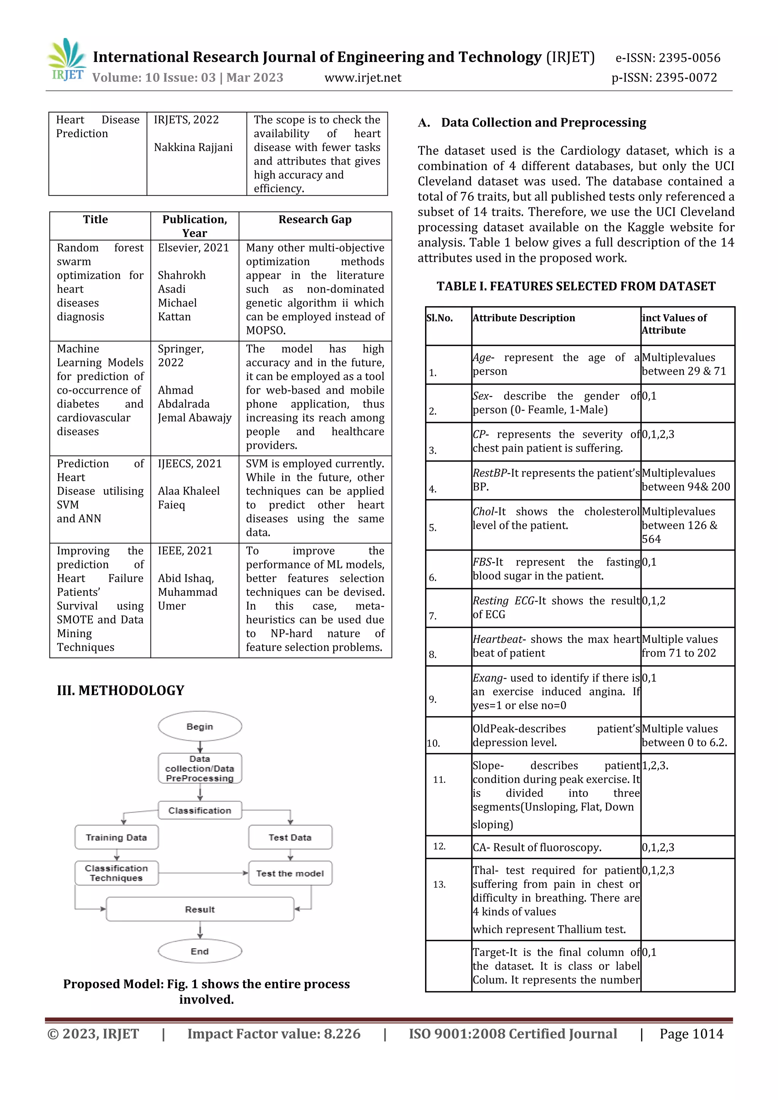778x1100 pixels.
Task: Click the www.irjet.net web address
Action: click(363, 78)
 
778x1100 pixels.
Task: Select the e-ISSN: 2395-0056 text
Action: click(667, 58)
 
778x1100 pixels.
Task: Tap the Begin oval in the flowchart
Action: click(200, 726)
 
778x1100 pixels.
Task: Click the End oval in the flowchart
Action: click(200, 951)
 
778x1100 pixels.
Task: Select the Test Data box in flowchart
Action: click(290, 837)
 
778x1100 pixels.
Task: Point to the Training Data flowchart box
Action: click(116, 837)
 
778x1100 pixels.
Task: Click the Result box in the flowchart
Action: click(200, 909)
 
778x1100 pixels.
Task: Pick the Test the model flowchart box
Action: click(290, 873)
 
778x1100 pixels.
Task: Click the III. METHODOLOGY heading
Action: click(120, 690)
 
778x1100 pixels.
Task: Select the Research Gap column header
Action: click(315, 219)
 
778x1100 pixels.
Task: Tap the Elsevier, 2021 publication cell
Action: click(193, 248)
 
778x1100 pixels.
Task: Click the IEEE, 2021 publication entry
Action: click(185, 551)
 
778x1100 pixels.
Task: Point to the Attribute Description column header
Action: click(523, 318)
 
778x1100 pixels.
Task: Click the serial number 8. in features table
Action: click(433, 654)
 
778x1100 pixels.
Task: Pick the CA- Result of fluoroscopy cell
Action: click(536, 847)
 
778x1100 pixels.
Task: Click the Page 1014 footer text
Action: click(691, 1034)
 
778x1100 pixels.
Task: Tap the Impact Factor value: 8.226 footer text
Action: click(274, 1034)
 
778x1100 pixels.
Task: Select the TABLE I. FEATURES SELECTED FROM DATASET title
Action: click(576, 286)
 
